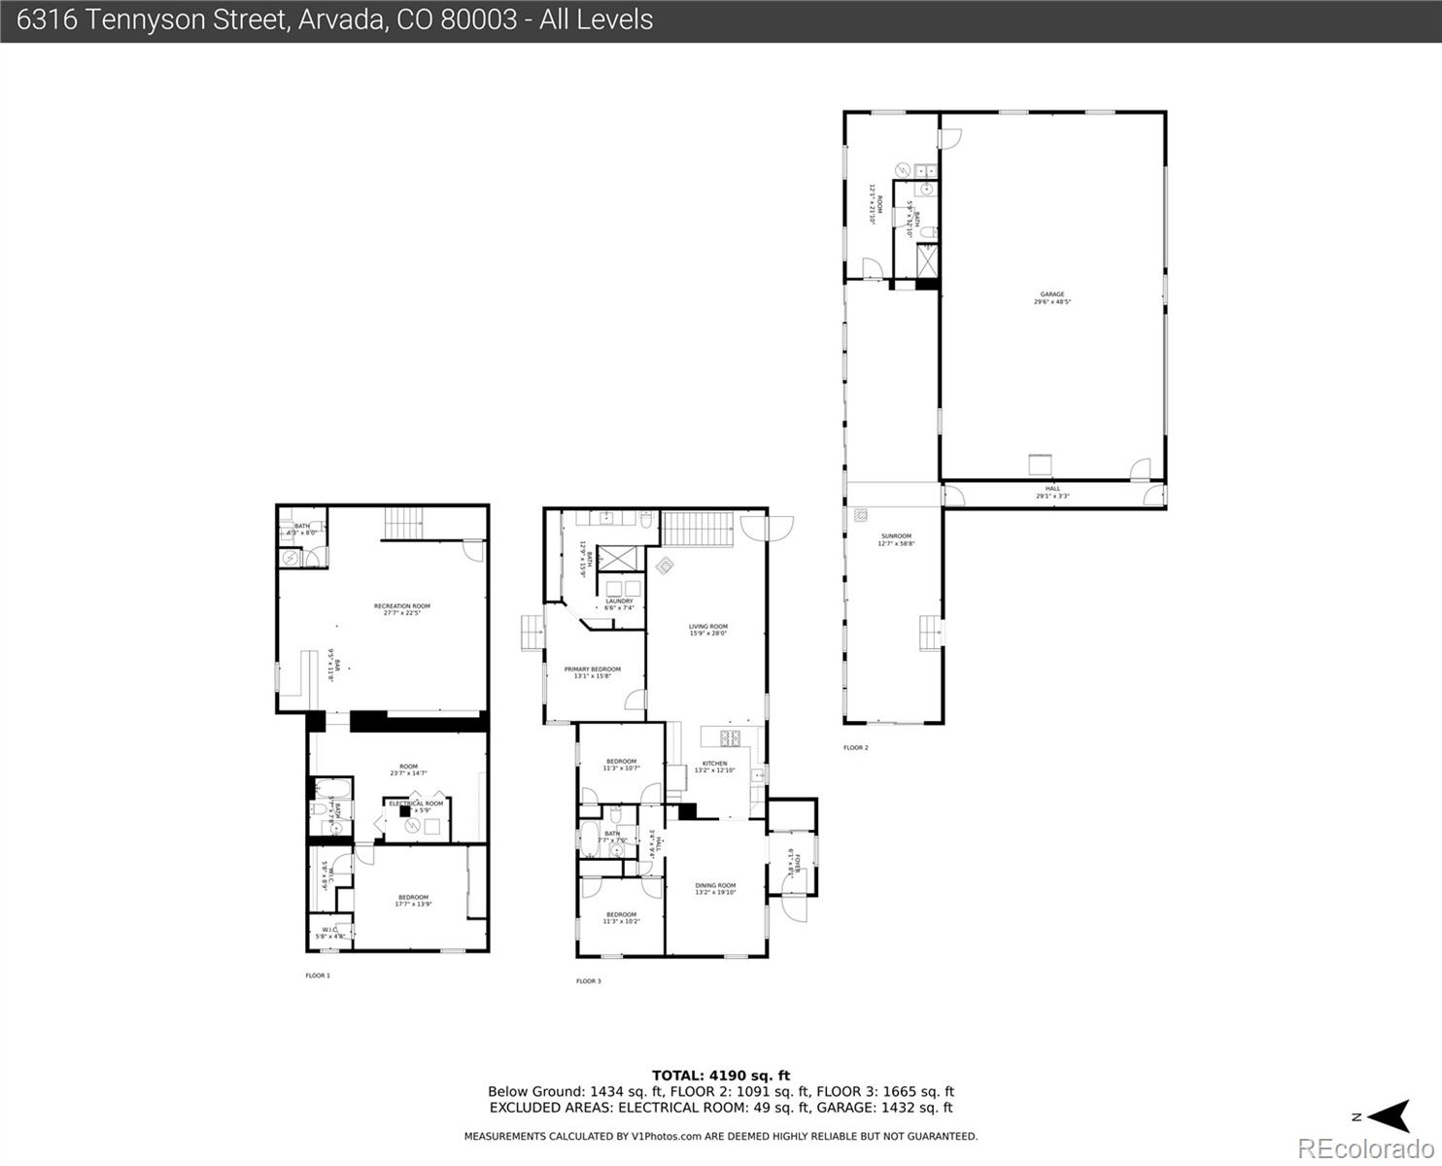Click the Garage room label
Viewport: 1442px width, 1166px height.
1052,298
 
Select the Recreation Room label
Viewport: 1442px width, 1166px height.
401,609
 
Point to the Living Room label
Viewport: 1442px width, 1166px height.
708,630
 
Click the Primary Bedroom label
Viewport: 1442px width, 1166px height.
592,672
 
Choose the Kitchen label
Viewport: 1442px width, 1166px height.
714,767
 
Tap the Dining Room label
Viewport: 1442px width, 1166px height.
715,888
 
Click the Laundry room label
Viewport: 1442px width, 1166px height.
619,604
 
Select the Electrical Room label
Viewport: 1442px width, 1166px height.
416,806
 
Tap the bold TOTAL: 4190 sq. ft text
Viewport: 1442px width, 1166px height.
720,1075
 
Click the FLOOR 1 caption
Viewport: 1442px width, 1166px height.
318,975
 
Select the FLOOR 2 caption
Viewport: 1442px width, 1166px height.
855,747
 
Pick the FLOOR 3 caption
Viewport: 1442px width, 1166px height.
588,981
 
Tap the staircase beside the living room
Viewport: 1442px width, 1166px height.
697,530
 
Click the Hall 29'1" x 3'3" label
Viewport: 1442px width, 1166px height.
1052,493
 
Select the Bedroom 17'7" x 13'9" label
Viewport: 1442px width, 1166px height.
413,901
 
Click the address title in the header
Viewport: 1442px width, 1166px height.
335,19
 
